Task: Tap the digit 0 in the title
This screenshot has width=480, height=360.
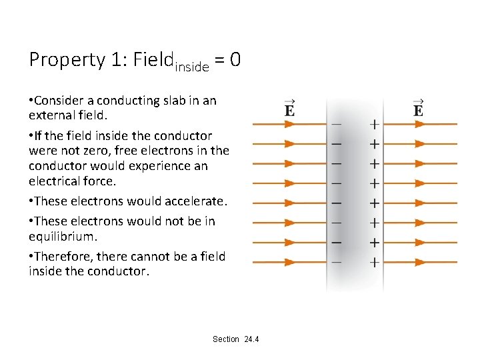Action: (235, 60)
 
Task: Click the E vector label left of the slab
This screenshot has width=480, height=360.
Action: (289, 108)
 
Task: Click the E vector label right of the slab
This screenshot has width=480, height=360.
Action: (418, 108)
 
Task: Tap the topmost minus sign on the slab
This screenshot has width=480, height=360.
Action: (337, 123)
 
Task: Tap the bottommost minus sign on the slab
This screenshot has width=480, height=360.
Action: (337, 263)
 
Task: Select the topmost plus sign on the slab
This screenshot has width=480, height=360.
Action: (375, 123)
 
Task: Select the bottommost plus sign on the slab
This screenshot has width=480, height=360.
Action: (375, 263)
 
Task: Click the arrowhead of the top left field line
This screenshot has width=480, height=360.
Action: (289, 124)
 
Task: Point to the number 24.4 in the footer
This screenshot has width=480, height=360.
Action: (251, 339)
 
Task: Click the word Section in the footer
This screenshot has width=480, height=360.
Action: (225, 339)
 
